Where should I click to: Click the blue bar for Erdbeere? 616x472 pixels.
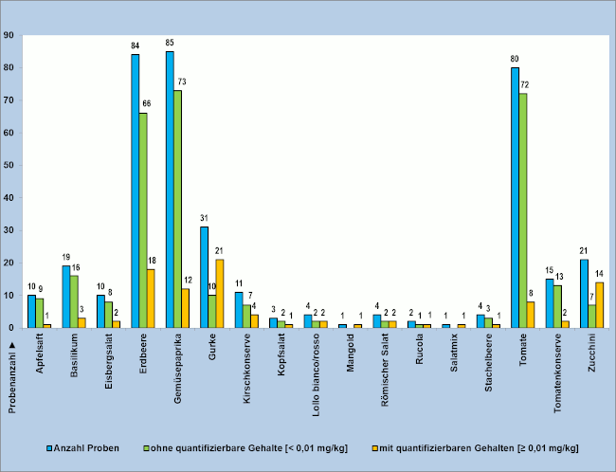[135, 191]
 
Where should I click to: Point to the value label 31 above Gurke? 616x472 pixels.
[204, 218]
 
